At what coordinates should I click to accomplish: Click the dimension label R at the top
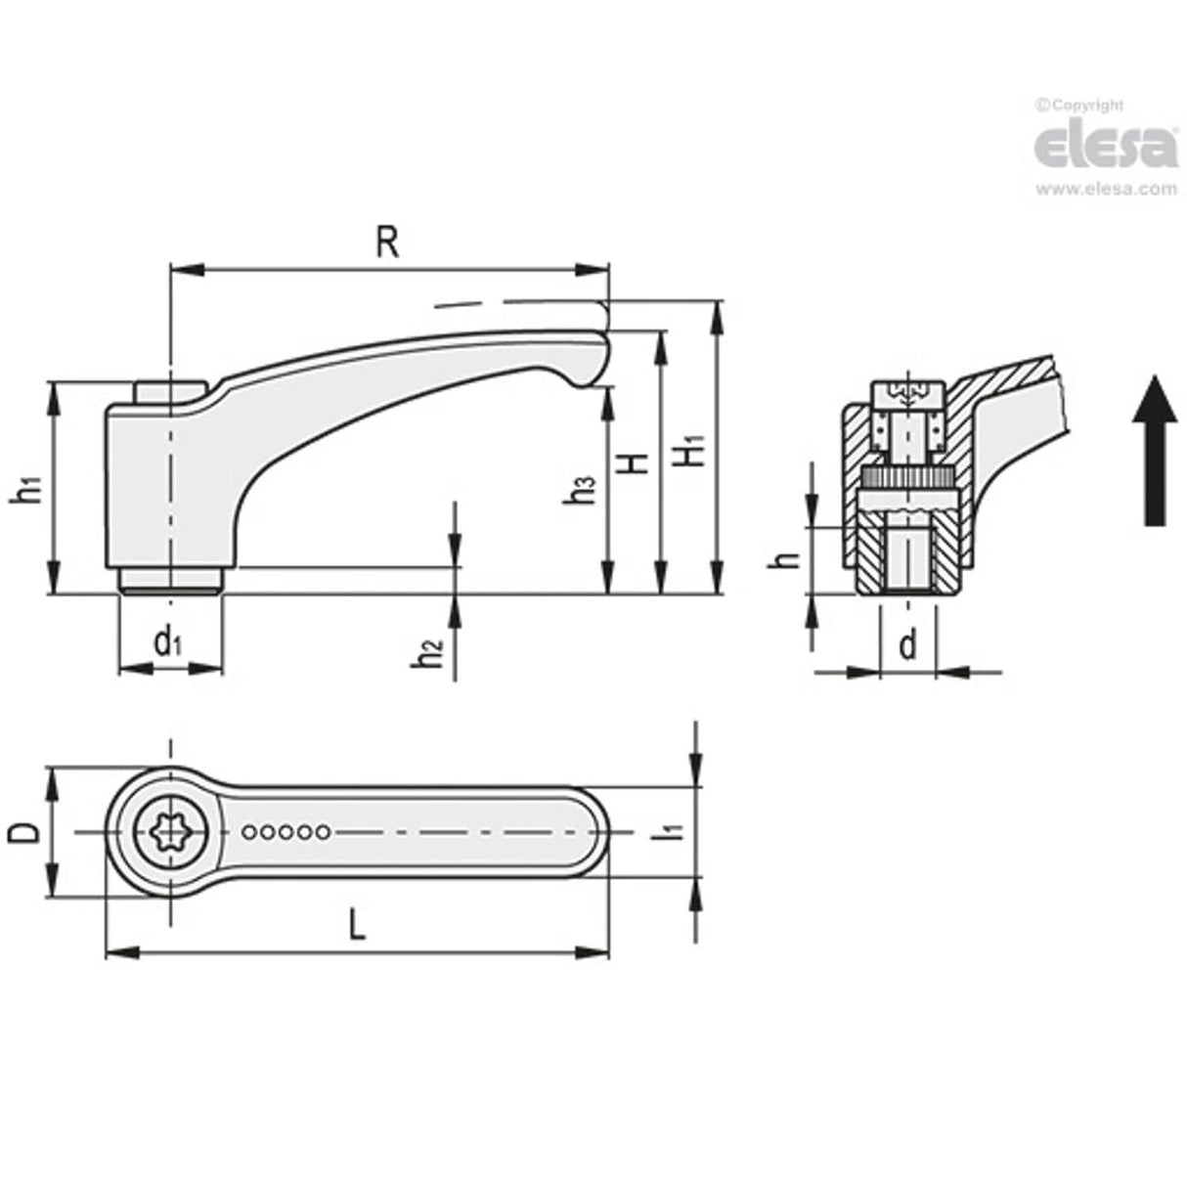point(388,242)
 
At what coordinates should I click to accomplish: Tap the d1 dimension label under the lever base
point(168,641)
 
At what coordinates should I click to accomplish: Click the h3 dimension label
point(584,490)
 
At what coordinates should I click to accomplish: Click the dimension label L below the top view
point(357,924)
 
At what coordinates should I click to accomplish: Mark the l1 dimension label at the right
point(672,832)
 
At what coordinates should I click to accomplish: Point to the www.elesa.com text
point(1105,190)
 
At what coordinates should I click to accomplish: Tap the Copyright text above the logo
point(1080,106)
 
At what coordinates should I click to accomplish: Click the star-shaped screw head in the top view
point(173,832)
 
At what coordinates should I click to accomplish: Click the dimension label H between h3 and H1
point(637,462)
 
